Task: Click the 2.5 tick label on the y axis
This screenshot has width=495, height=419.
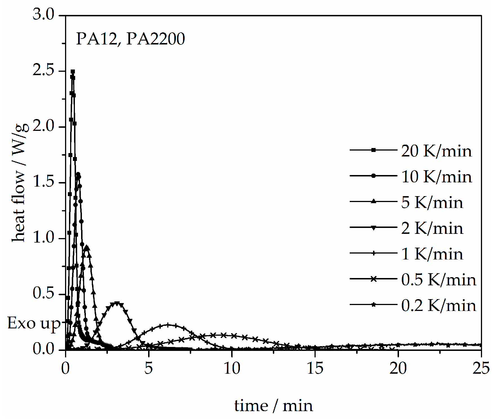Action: click(44, 70)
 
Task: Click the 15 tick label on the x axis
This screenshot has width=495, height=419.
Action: click(315, 368)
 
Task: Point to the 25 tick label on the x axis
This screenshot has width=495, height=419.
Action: click(481, 368)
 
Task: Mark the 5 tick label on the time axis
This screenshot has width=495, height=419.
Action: click(149, 368)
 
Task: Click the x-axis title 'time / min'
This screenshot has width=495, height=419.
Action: click(273, 405)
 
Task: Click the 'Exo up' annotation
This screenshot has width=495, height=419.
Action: click(34, 323)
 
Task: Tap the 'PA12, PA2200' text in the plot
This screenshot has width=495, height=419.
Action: click(130, 39)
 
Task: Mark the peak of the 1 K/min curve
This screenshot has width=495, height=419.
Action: click(168, 325)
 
